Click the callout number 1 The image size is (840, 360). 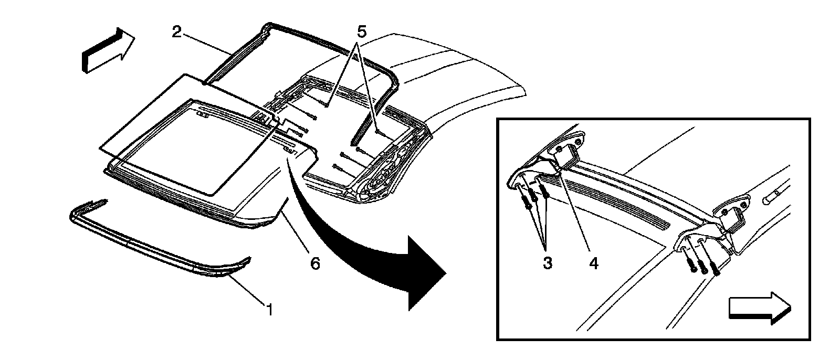[x=269, y=310]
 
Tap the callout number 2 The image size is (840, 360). [x=177, y=32]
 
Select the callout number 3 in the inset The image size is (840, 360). [x=548, y=263]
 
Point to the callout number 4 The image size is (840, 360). [x=594, y=263]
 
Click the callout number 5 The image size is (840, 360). [x=361, y=32]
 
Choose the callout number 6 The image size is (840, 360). [x=314, y=263]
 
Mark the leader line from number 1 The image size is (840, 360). [x=247, y=291]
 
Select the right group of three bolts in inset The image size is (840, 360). [x=703, y=260]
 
